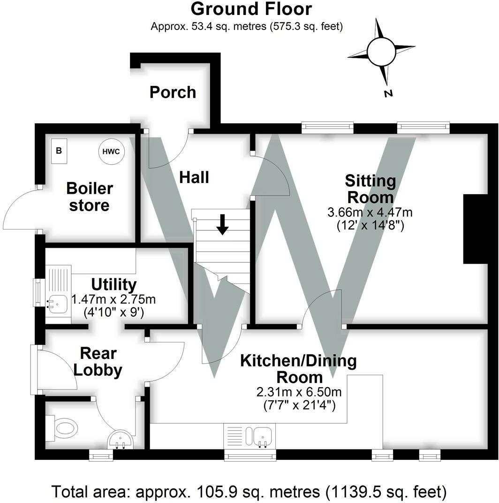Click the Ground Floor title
(251, 9)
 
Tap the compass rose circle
(381, 52)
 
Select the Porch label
(173, 92)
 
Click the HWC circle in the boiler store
(111, 152)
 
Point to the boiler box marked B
(59, 151)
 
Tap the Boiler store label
(89, 197)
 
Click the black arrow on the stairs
(222, 224)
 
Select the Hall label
(194, 177)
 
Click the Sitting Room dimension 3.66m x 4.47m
(370, 212)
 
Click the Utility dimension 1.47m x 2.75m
(113, 299)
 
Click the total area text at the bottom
(249, 492)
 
